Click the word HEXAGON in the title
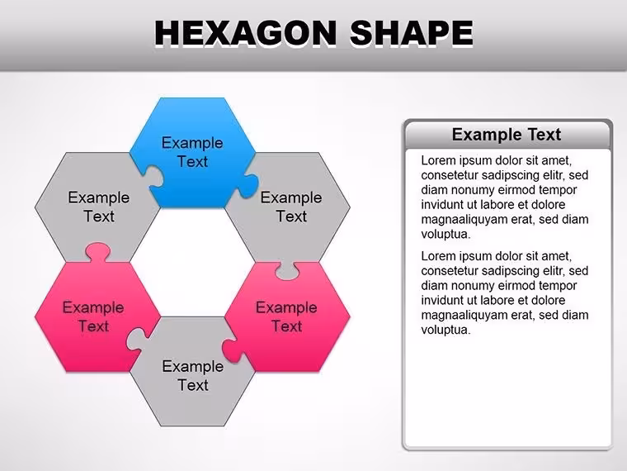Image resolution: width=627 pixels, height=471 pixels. pos(246,32)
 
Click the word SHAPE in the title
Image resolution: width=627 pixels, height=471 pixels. pos(412,32)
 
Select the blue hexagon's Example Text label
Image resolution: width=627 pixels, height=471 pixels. pos(192,152)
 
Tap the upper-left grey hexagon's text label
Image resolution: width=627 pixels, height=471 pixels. pos(99,207)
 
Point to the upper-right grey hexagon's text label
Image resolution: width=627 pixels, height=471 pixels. pos(291,207)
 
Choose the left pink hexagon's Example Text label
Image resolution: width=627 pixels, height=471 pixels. pos(93,316)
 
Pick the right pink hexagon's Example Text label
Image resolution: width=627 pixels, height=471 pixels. pos(287,316)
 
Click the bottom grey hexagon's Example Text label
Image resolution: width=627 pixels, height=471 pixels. pos(193,376)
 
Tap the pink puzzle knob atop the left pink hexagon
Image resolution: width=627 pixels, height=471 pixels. pos(97,252)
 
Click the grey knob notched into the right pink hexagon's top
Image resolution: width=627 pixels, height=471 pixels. pos(287,271)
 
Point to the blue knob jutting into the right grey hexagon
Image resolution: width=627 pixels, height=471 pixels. pos(248,185)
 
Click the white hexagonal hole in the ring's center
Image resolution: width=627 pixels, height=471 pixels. pos(192,262)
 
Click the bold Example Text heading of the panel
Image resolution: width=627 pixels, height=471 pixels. pos(507,135)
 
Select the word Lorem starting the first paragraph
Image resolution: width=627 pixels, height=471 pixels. pos(438,160)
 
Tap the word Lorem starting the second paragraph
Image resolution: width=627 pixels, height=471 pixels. pos(438,256)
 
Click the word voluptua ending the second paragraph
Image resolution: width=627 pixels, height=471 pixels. pos(445,331)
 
